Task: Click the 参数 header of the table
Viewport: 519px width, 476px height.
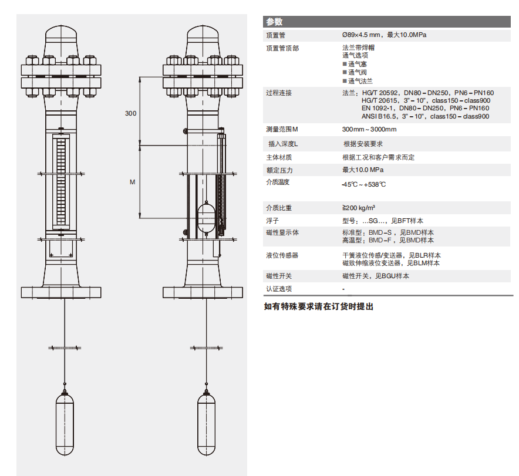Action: [x=274, y=22]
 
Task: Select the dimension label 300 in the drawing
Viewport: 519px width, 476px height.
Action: [x=130, y=113]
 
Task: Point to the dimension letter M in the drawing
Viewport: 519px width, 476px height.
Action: [x=133, y=182]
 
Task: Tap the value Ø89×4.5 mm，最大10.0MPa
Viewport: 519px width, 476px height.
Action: [x=384, y=35]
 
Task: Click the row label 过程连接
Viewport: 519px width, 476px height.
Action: [x=279, y=93]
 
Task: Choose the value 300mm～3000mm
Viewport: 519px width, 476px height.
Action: [x=369, y=129]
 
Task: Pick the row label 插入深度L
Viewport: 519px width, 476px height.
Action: [x=283, y=144]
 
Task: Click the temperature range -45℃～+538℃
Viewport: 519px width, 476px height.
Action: [x=364, y=184]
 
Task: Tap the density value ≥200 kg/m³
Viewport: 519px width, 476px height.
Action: [x=359, y=208]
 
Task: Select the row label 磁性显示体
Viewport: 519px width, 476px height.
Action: [x=282, y=232]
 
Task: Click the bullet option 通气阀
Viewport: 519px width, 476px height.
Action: [x=355, y=72]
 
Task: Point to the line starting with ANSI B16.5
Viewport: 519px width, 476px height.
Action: [x=425, y=116]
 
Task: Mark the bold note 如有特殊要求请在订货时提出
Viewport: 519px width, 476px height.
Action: [x=318, y=306]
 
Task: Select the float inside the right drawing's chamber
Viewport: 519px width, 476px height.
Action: [x=207, y=217]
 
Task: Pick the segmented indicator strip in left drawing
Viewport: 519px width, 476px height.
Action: [x=61, y=181]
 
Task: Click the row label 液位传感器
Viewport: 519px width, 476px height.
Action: [x=282, y=255]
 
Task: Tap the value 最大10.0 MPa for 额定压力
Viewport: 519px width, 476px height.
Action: [x=363, y=170]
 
